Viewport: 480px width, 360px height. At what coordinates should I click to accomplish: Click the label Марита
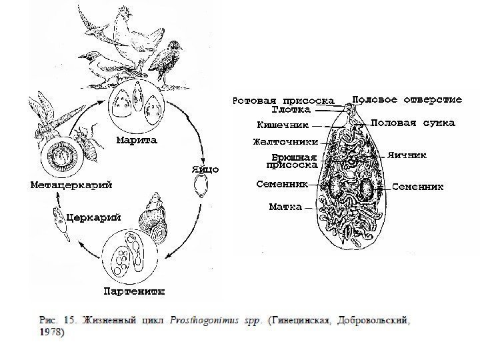click(x=136, y=141)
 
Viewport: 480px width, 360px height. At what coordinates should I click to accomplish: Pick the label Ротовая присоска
click(x=282, y=101)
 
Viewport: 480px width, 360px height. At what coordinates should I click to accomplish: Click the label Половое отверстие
click(x=407, y=99)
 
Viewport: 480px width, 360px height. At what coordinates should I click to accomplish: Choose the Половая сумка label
click(x=413, y=123)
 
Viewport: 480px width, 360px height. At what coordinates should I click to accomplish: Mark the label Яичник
click(x=408, y=155)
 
